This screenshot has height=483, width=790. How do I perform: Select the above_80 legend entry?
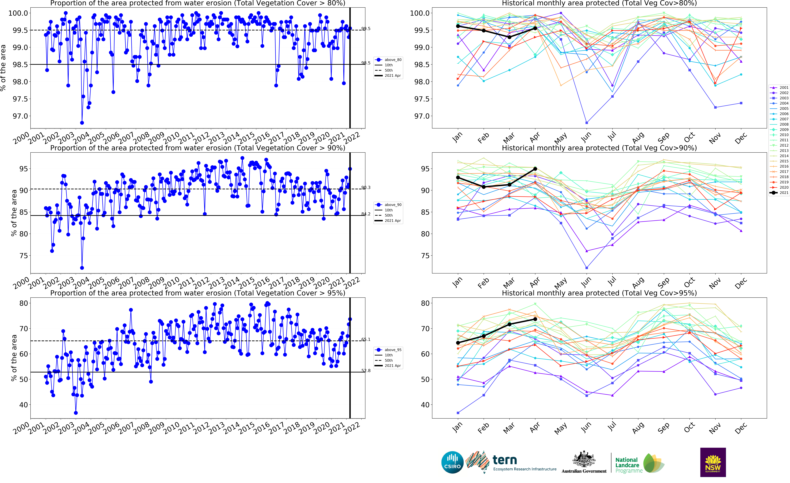[x=389, y=60]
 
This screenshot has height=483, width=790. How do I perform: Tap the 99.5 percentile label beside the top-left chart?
[x=366, y=29]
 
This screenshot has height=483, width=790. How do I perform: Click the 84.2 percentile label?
[x=366, y=214]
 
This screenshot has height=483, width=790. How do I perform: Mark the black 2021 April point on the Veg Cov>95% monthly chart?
[x=535, y=319]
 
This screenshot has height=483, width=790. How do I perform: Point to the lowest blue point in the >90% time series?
[x=82, y=268]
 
